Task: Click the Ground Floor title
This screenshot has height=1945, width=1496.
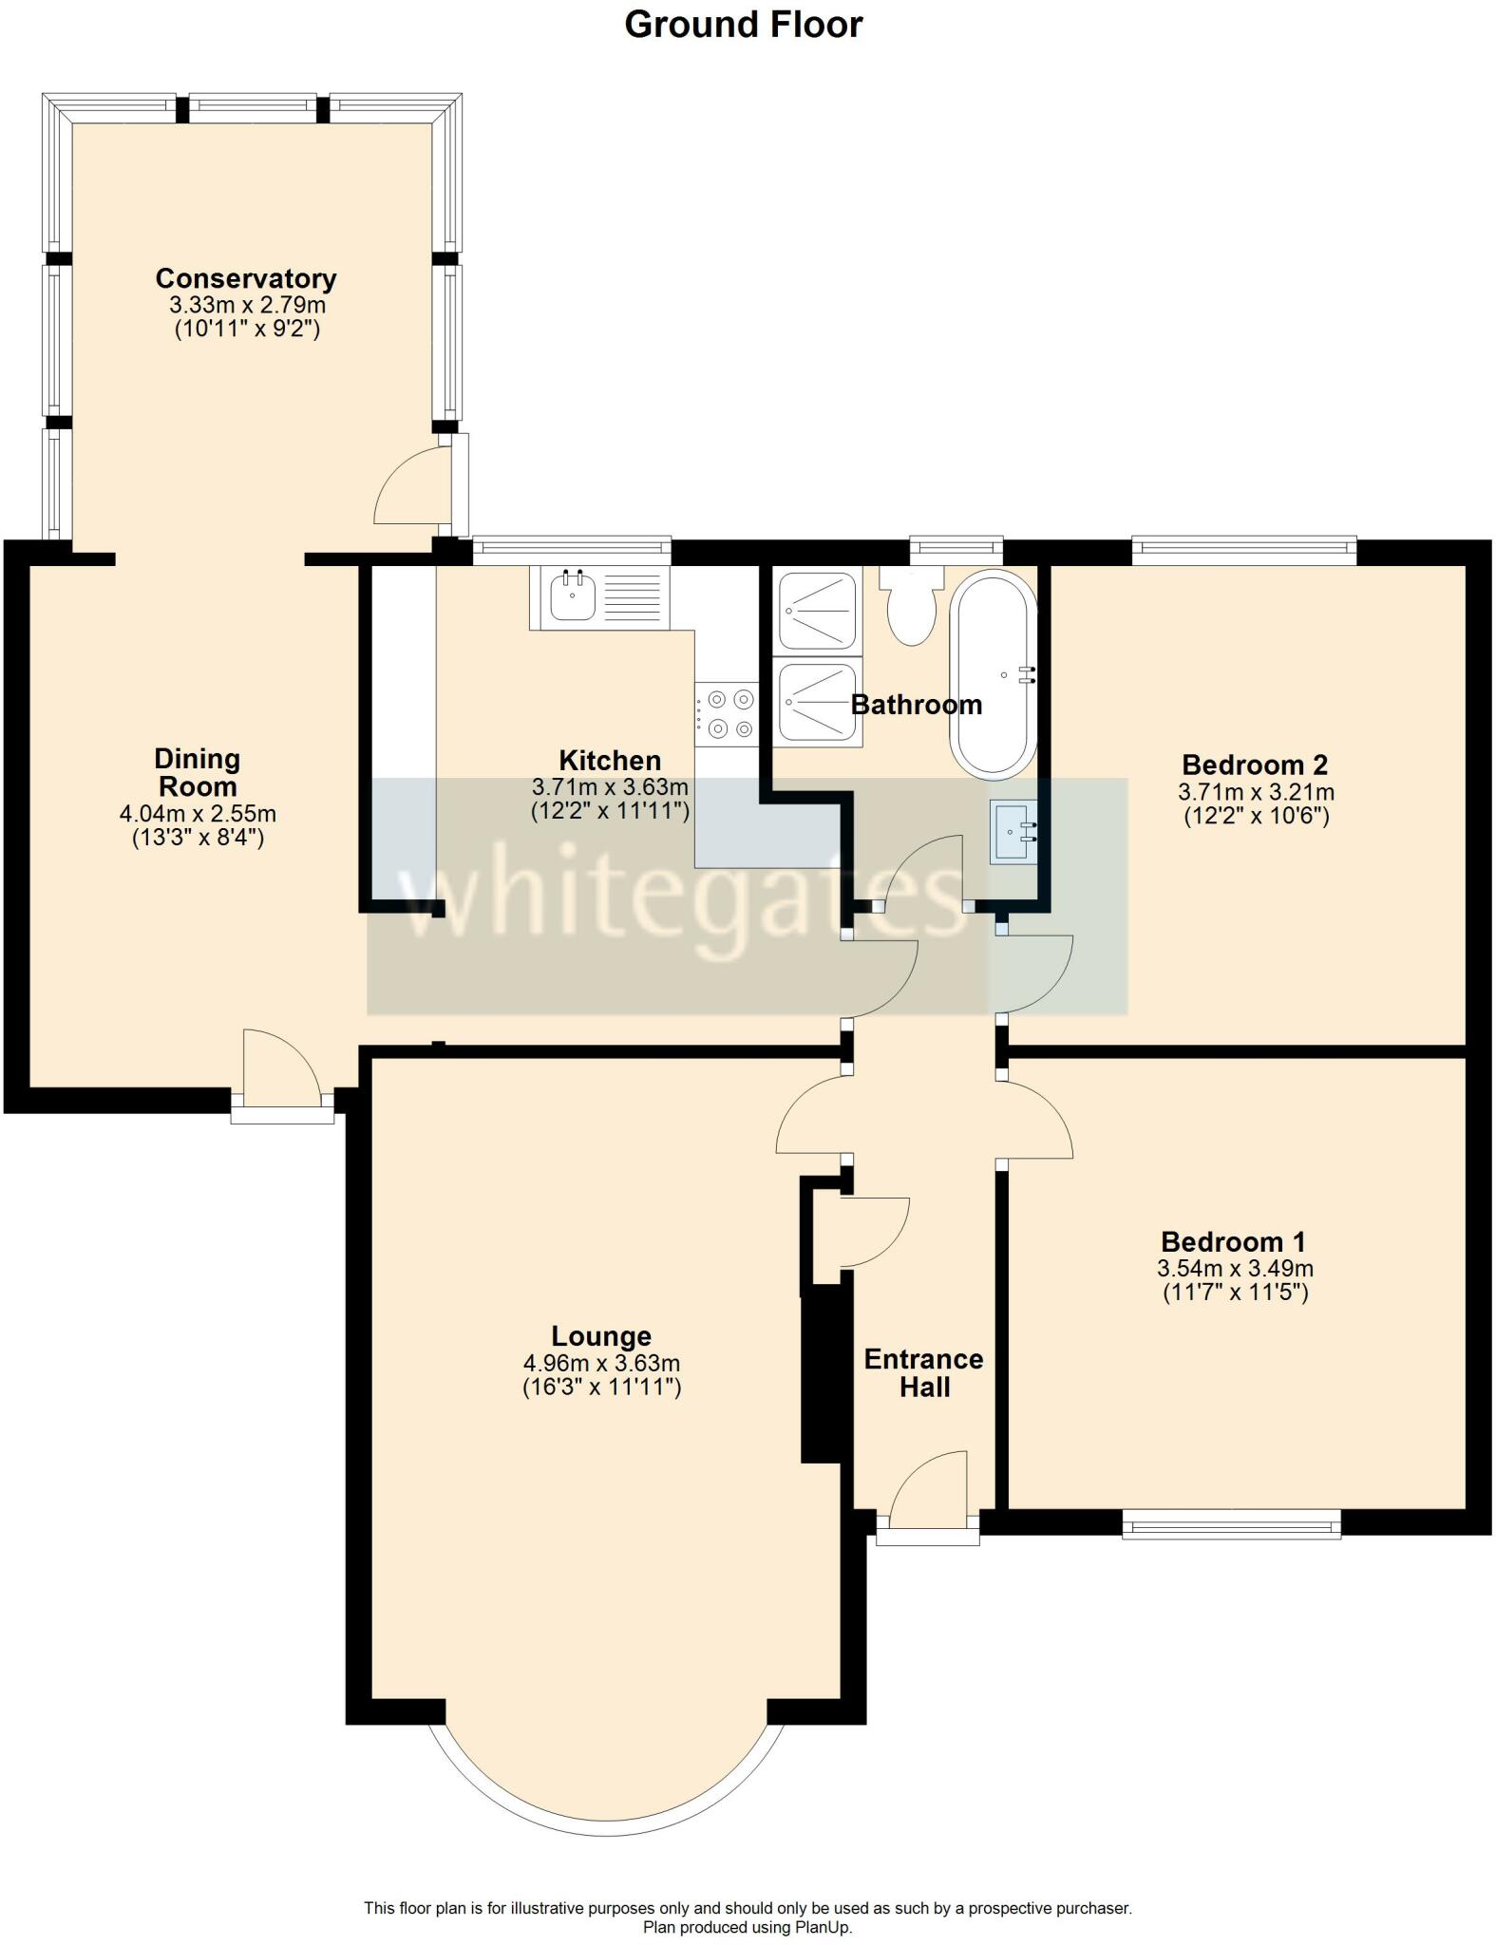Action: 743,25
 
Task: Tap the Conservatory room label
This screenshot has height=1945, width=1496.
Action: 246,278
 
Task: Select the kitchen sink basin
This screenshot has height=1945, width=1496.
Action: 572,598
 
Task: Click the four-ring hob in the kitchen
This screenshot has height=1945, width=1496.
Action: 727,714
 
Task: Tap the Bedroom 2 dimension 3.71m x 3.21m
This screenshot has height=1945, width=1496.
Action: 1256,791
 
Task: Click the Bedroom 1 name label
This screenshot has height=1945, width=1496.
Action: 1233,1241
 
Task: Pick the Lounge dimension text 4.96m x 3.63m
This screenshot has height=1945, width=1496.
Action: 601,1363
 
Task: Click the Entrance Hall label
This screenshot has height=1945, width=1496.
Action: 923,1372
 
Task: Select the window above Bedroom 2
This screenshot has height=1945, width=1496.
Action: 1243,548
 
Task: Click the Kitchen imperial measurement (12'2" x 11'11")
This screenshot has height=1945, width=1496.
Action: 610,811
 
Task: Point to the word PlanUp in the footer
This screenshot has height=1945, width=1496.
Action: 823,1927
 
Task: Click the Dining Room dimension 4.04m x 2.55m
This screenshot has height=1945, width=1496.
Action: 198,814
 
